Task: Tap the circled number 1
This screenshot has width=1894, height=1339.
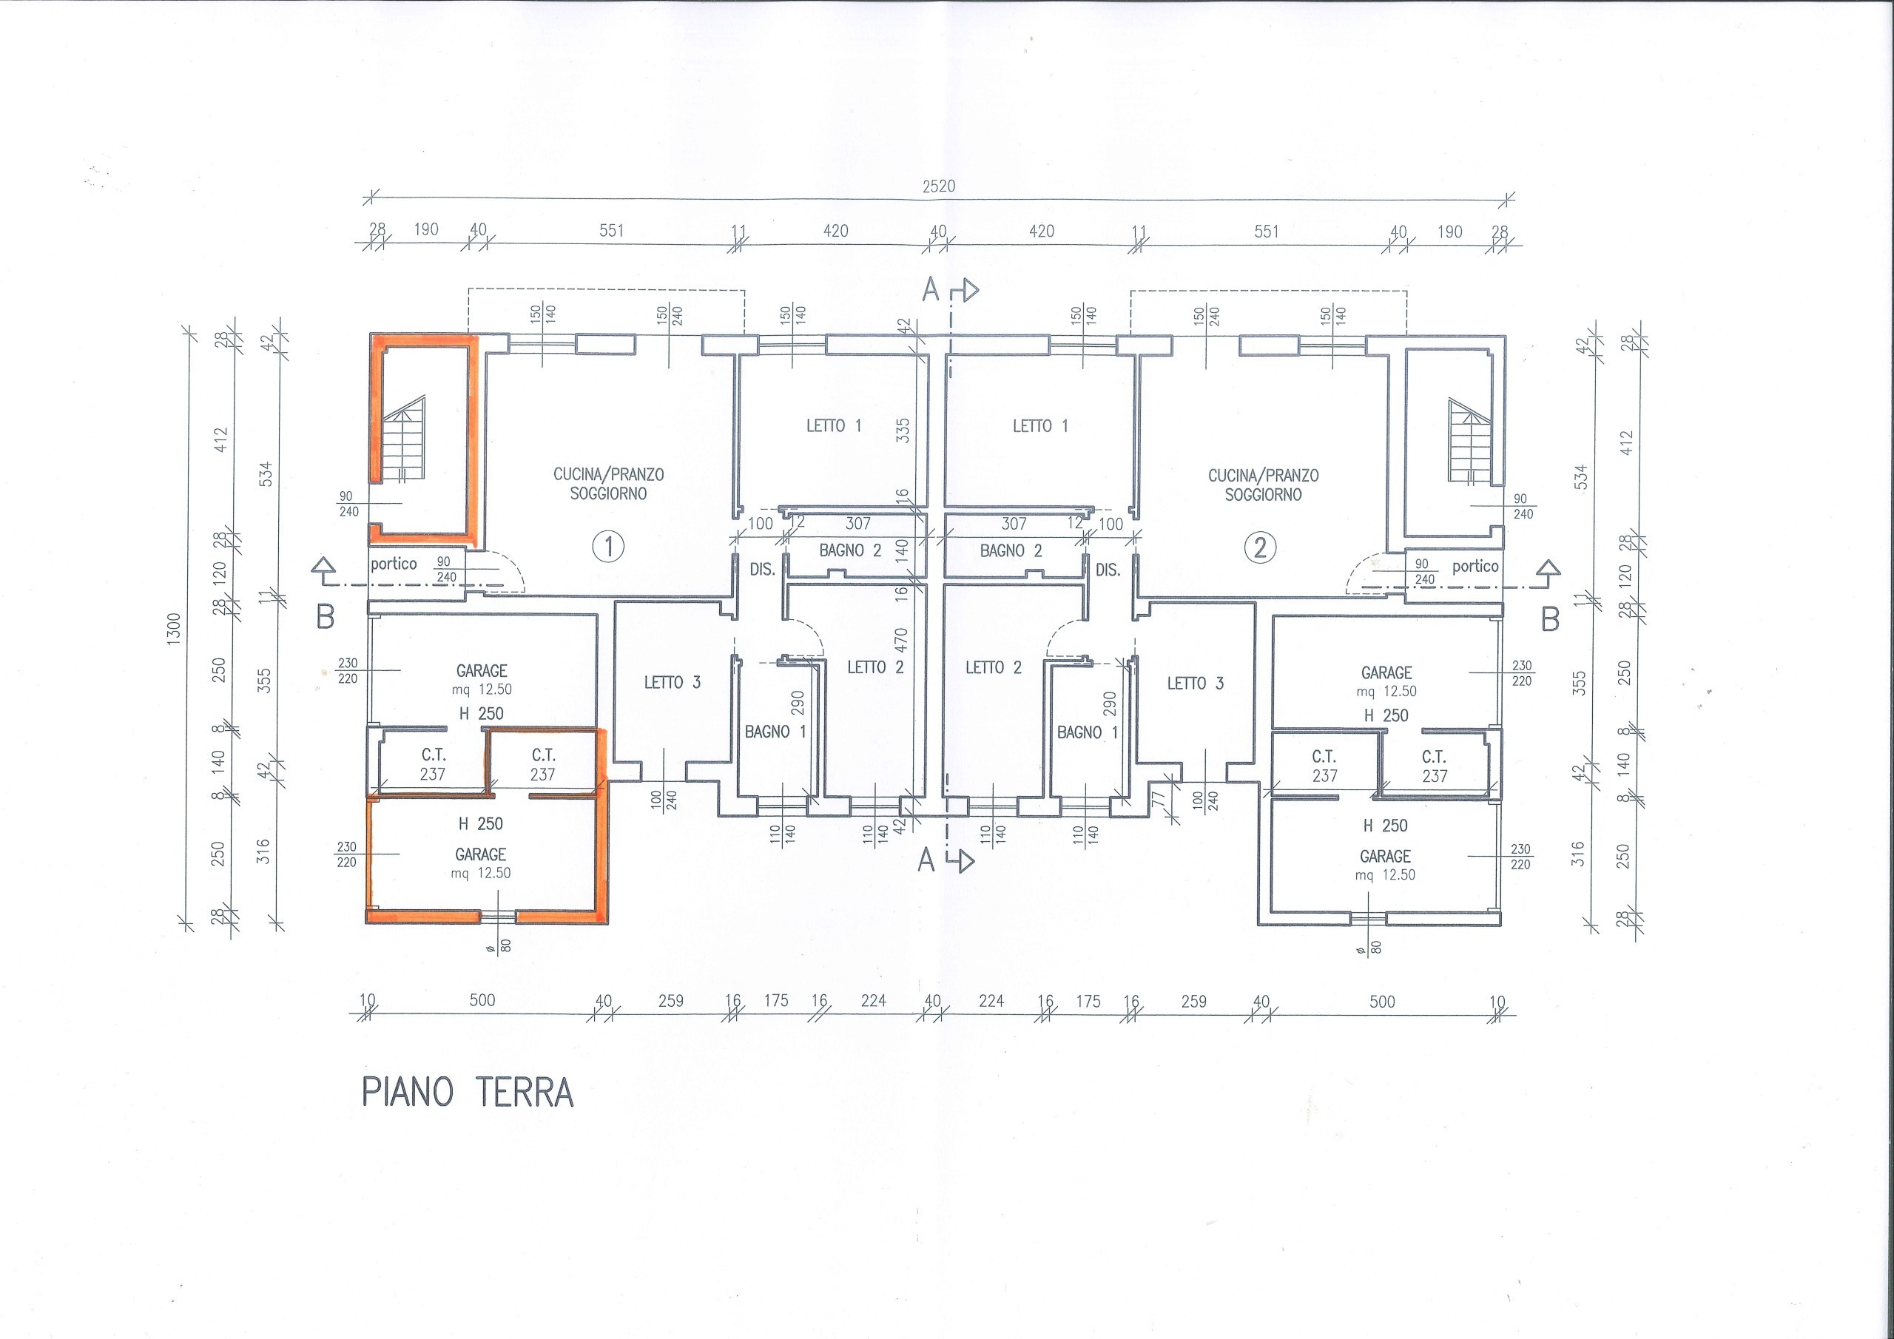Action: pos(609,546)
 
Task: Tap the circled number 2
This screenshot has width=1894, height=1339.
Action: pos(1260,548)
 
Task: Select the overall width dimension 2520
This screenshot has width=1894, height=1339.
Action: pos(939,186)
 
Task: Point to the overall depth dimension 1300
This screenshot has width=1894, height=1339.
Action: pos(174,630)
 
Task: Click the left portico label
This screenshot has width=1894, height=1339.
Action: pos(394,564)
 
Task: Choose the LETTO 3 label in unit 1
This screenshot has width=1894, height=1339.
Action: pos(673,682)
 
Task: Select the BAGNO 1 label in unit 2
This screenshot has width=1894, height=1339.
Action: pos(1088,732)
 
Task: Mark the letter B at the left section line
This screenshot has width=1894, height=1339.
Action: pos(326,617)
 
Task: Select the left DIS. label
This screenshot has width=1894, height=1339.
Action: pos(761,570)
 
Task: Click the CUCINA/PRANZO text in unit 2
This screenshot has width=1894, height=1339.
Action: pos(1263,476)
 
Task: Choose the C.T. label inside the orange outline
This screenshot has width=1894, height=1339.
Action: pos(544,755)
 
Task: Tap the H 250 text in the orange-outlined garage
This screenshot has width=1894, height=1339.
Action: pos(481,823)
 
